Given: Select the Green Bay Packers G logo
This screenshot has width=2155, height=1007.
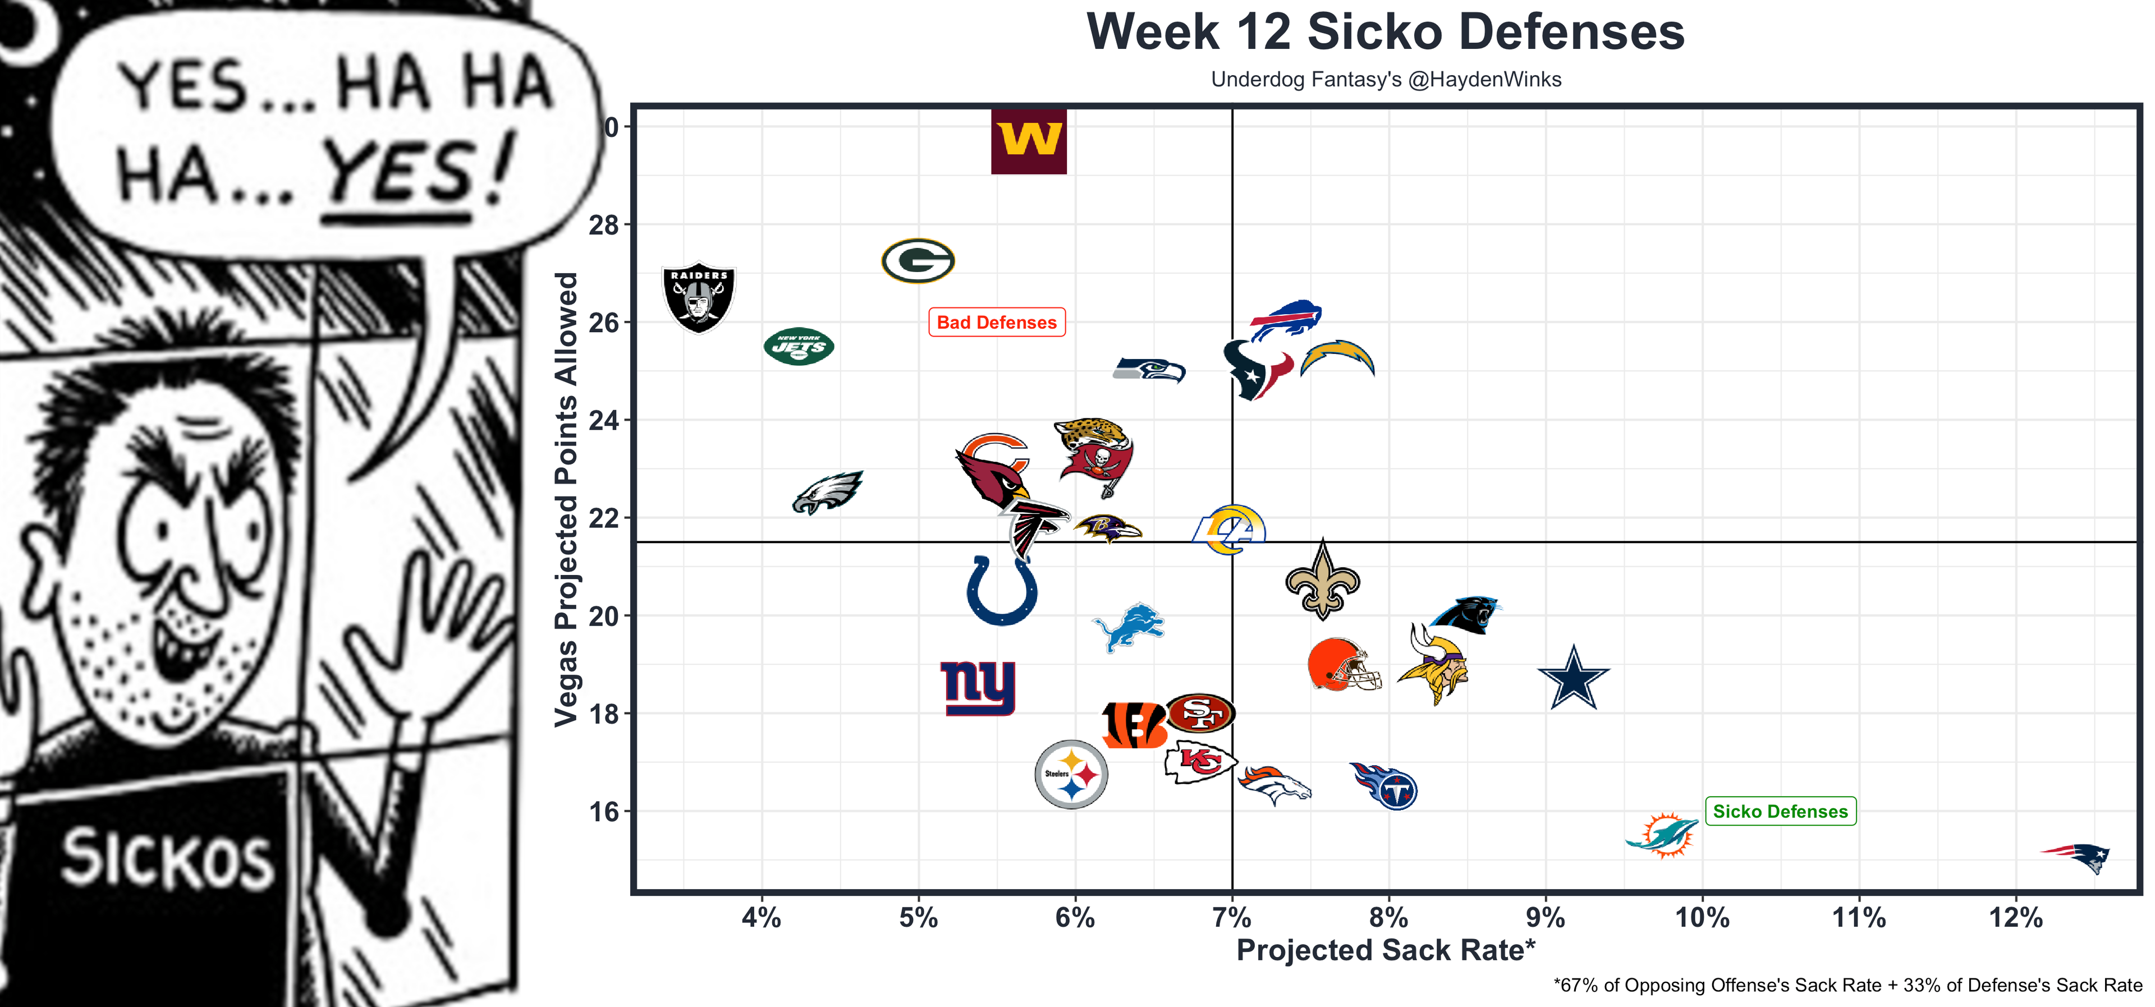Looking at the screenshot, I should (x=918, y=261).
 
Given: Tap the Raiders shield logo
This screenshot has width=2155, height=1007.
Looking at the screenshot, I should (x=699, y=298).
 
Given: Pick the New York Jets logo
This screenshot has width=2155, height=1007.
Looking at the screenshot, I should (x=799, y=346).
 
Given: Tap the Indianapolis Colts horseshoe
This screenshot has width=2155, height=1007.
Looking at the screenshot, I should (x=1001, y=590).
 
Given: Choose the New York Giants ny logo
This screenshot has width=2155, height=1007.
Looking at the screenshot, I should (x=978, y=687).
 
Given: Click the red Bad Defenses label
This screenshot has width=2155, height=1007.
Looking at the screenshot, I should (x=996, y=323).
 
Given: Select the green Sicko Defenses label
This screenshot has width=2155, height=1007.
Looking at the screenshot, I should (x=1780, y=811).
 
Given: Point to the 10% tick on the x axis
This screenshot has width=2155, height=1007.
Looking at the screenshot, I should (x=1702, y=917).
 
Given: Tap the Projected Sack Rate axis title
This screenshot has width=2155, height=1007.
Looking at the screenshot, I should (x=1386, y=950).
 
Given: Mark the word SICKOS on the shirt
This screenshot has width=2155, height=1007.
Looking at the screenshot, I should (x=167, y=858).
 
